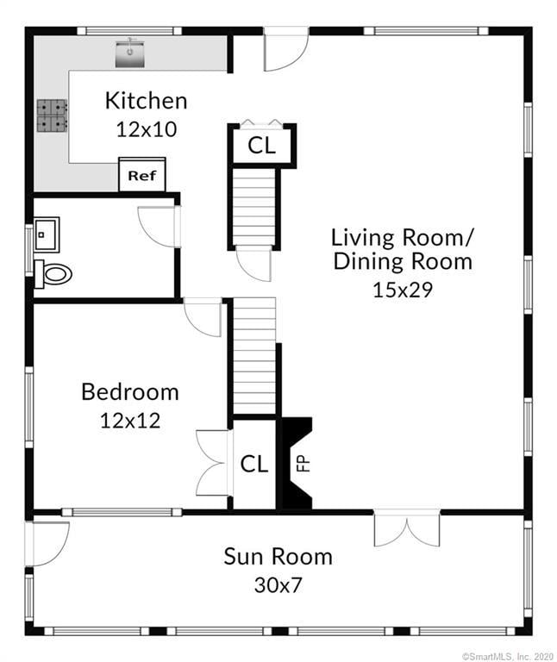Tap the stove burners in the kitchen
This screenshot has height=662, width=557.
tap(52, 116)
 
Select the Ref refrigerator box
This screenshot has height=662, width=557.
tap(142, 174)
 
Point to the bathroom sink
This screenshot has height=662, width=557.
tap(47, 234)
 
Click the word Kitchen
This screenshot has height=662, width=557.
tap(146, 101)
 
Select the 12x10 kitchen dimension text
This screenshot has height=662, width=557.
tap(146, 129)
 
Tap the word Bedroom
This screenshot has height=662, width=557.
tap(130, 392)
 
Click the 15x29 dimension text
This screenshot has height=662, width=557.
tap(403, 290)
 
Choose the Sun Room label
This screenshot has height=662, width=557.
tap(278, 557)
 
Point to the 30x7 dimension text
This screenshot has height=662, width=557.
tap(278, 585)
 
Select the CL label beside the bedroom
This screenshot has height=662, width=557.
tap(254, 464)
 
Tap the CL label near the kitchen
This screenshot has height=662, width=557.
tap(262, 145)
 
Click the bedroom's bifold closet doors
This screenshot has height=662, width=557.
tap(214, 463)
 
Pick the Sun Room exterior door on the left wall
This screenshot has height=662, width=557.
tap(47, 544)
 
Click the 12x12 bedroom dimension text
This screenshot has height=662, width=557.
tap(130, 421)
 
